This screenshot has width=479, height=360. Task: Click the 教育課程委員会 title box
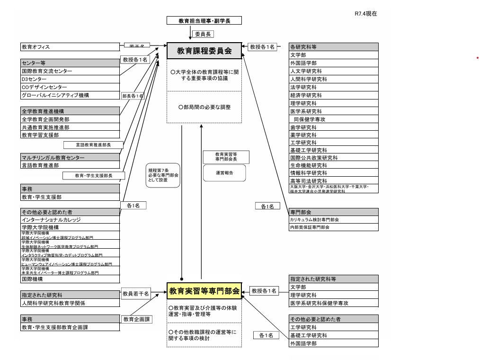[204, 51]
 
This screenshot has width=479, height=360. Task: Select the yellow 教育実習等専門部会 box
[204, 291]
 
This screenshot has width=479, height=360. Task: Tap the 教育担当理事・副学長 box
[204, 21]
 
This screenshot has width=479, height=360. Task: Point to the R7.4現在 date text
[365, 14]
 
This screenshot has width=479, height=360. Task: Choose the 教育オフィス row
[70, 47]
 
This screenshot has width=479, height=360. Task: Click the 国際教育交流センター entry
[70, 71]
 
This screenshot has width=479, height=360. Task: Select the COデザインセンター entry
[70, 87]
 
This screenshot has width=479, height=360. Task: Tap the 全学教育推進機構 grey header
[70, 111]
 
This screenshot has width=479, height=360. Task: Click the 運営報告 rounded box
[225, 173]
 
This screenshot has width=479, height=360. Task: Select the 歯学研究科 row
[334, 127]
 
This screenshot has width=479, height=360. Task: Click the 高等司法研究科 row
[334, 181]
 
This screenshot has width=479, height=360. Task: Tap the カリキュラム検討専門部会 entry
[334, 220]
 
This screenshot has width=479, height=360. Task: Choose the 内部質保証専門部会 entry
[334, 227]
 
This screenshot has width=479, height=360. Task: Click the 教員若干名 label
[136, 294]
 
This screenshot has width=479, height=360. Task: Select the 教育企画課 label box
[137, 319]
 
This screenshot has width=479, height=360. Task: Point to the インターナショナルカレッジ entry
[70, 220]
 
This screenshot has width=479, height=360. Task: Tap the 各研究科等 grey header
[334, 47]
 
